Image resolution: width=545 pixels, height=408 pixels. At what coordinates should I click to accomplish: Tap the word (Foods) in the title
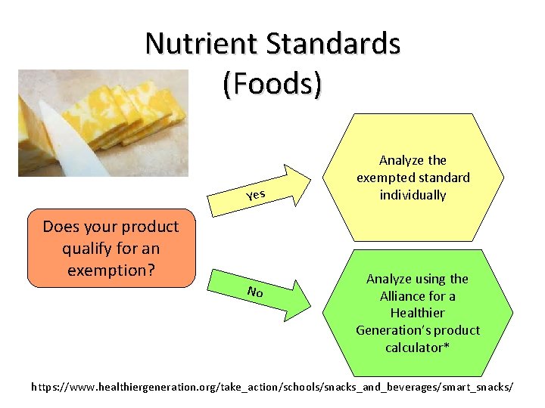click(x=272, y=83)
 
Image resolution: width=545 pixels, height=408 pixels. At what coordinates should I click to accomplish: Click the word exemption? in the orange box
click(x=112, y=269)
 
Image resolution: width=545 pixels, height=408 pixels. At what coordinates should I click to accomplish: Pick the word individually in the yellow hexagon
click(x=413, y=195)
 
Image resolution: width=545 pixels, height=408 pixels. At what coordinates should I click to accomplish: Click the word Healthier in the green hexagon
click(x=417, y=313)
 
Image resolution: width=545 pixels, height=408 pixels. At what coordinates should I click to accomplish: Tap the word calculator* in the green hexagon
click(x=417, y=348)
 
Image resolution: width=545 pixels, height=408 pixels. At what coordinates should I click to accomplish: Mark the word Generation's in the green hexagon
click(x=391, y=330)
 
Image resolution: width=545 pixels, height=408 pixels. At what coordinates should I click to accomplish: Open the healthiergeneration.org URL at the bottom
click(x=272, y=387)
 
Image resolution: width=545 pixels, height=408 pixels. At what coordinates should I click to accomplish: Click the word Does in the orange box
click(x=59, y=227)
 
